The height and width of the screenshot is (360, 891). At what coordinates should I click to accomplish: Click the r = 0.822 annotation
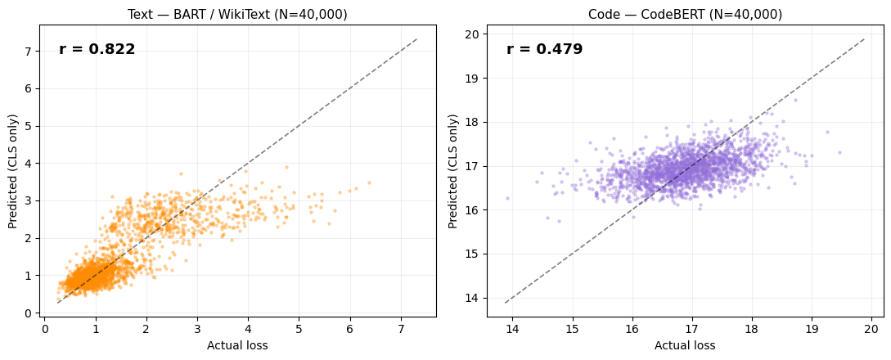coord(97,50)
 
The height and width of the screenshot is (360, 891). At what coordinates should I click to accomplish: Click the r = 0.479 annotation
coord(544,50)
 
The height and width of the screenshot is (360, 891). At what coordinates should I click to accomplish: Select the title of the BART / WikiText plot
coord(237,15)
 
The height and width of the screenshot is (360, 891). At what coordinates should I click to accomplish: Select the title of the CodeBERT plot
coord(685,15)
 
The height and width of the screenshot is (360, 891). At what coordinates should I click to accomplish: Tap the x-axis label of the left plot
coord(237,345)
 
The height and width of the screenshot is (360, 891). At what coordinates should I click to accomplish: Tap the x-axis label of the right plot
coord(685,345)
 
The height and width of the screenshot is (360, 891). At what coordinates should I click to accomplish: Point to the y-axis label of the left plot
coord(13,170)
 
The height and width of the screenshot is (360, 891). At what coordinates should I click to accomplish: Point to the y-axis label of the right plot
coord(452,170)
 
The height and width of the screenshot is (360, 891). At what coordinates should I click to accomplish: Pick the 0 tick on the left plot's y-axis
coord(29,313)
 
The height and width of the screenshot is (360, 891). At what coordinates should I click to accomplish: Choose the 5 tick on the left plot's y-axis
coord(29,126)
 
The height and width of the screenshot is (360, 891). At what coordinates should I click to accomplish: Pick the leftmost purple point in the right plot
coord(507,198)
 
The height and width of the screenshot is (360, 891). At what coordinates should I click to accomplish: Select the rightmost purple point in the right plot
coord(839,152)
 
